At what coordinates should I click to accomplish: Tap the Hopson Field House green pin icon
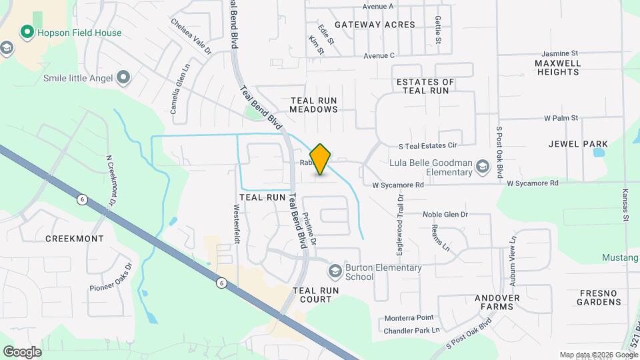pos(27,32)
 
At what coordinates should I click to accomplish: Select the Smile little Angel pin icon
pos(123,78)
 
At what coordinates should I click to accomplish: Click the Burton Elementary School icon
pos(335,271)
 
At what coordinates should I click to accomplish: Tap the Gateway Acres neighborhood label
pos(375,25)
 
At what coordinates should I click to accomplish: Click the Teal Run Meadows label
pos(323,105)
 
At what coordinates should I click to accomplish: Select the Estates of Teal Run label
pos(425,86)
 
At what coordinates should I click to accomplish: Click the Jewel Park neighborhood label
pos(578,144)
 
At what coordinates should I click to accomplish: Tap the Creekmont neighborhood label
pos(74,239)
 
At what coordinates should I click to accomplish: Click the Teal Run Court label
pos(316,295)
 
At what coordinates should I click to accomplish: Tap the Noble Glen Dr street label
pos(445,215)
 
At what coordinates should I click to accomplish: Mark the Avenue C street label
pos(379,55)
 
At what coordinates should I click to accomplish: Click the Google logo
pos(22,352)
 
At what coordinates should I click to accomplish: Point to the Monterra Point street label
pos(409,318)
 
